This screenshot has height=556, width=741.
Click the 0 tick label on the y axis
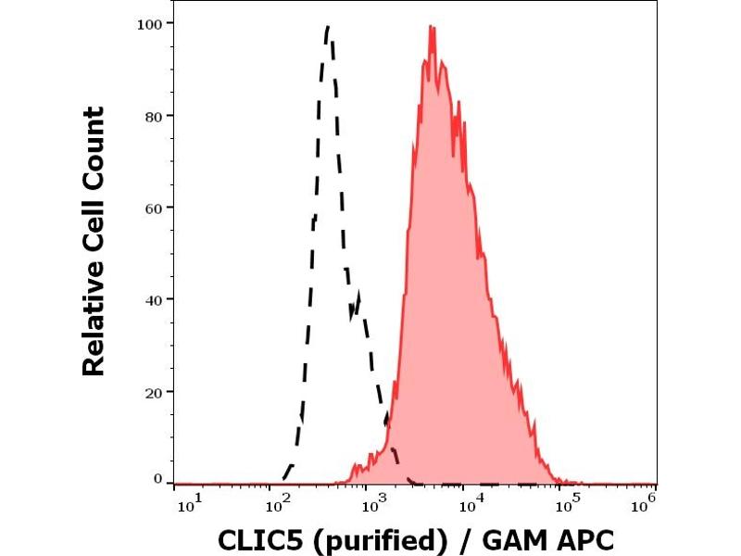[x=157, y=479]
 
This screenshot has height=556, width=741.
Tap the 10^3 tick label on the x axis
[x=373, y=501]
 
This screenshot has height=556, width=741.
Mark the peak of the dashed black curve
[x=329, y=28]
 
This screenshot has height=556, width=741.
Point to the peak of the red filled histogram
[x=432, y=27]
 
